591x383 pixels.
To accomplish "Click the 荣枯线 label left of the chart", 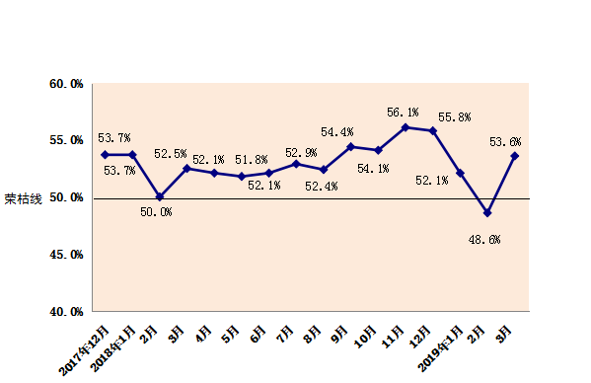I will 23,198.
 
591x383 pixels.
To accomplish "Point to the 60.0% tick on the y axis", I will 65,84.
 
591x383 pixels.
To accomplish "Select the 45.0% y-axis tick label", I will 65,255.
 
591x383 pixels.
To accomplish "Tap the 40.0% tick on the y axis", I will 65,312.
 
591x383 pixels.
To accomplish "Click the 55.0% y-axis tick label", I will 65,141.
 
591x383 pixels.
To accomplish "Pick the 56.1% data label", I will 403,113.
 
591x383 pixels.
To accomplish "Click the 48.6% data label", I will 482,239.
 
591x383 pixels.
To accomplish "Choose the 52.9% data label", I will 301,153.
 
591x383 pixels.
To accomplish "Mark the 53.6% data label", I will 505,142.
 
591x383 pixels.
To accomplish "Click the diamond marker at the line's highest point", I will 406,127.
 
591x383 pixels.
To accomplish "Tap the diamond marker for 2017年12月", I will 105,155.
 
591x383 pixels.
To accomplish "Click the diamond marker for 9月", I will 350,146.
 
